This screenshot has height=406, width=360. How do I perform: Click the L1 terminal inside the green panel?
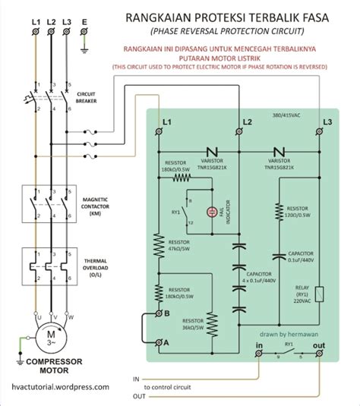[158, 131]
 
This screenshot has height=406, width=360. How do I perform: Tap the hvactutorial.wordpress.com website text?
[55, 386]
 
